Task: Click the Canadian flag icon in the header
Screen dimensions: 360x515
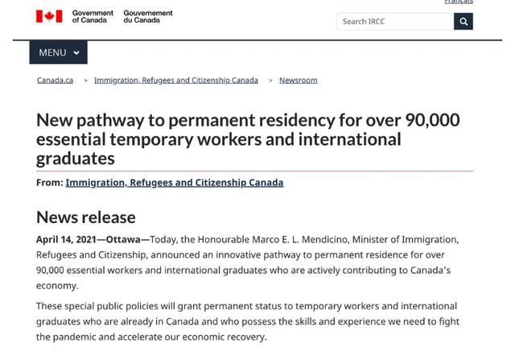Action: pyautogui.click(x=49, y=16)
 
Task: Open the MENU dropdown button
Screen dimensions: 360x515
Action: pyautogui.click(x=59, y=52)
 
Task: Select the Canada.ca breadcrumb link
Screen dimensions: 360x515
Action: pyautogui.click(x=56, y=81)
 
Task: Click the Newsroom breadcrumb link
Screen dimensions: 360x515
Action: pyautogui.click(x=298, y=81)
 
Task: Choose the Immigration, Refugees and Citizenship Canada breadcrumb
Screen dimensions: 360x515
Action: pyautogui.click(x=176, y=81)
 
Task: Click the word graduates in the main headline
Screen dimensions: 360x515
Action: pyautogui.click(x=76, y=159)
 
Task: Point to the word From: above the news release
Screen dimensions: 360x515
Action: pyautogui.click(x=49, y=183)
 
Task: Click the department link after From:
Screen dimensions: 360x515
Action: pyautogui.click(x=175, y=183)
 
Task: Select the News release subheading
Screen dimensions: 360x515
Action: pyautogui.click(x=86, y=217)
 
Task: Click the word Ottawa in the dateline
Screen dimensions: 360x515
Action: pyautogui.click(x=123, y=239)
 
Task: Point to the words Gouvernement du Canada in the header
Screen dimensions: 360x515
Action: pyautogui.click(x=148, y=17)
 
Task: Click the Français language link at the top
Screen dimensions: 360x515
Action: pyautogui.click(x=459, y=2)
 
